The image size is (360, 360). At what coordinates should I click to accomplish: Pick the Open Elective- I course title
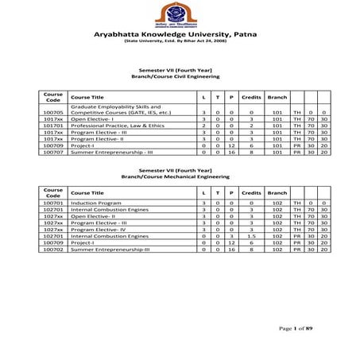tap(93, 119)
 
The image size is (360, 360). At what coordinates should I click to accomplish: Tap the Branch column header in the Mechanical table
tap(277, 193)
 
